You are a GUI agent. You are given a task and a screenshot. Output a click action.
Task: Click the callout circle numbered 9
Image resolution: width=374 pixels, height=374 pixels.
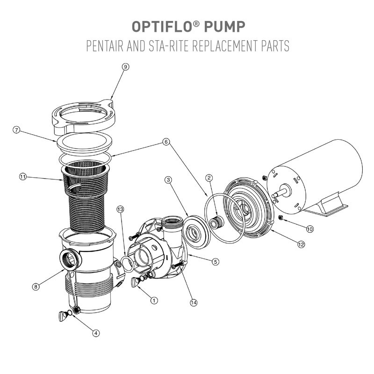point(125,67)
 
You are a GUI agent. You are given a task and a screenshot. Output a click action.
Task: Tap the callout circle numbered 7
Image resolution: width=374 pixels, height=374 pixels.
point(16,130)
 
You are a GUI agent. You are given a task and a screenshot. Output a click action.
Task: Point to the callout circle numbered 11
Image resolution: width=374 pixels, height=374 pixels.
point(22,176)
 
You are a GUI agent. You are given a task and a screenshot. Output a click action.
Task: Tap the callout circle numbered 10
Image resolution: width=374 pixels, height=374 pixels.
point(310,229)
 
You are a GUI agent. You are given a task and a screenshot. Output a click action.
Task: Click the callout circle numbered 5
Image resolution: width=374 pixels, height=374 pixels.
point(216,262)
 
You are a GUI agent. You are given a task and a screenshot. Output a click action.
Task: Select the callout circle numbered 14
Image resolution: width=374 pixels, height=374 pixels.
point(194,302)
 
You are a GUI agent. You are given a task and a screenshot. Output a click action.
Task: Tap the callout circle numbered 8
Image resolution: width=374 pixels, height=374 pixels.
point(35,287)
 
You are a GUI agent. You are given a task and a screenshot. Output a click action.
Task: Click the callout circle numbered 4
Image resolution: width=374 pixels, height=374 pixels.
point(95,333)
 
